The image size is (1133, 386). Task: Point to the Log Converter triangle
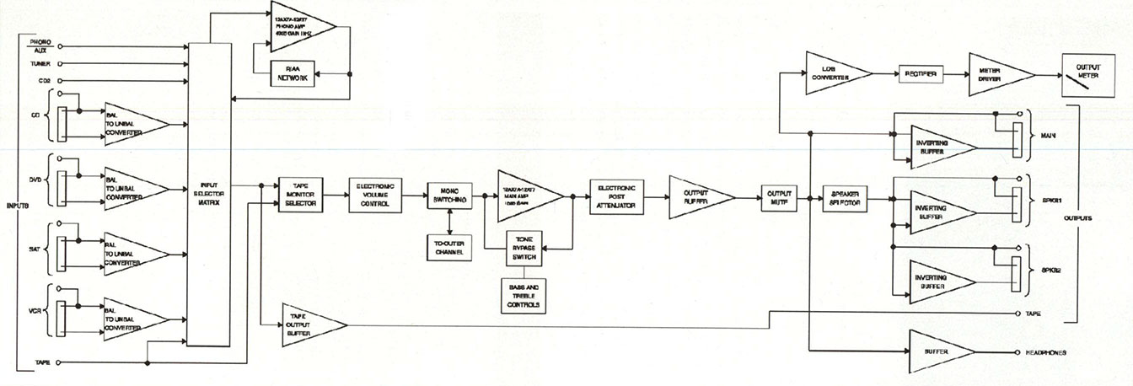[830, 74]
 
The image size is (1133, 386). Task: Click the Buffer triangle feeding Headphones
[938, 351]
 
